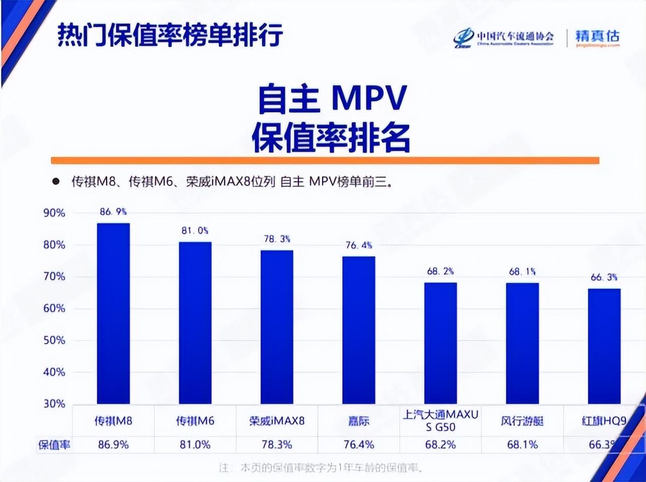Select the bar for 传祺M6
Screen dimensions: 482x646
tap(195, 323)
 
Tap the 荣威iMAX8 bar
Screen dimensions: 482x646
tap(277, 327)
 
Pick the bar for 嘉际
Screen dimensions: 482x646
tap(358, 330)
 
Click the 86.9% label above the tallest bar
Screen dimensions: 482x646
tap(113, 212)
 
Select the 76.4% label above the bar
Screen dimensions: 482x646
tap(359, 245)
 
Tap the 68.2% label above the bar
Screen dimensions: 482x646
tap(441, 271)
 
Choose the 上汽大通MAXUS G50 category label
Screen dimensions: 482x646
tap(441, 421)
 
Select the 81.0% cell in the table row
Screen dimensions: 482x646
tap(195, 445)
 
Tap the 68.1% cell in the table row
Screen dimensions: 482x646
tap(522, 445)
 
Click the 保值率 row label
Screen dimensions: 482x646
tap(55, 445)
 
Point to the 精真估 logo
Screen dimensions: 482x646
tap(597, 37)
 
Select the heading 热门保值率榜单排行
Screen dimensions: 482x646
tap(170, 35)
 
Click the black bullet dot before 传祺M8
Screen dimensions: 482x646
tap(56, 182)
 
